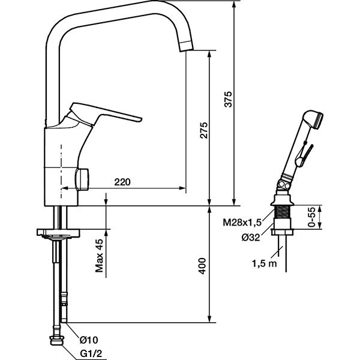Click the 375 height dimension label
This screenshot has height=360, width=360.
pyautogui.click(x=228, y=100)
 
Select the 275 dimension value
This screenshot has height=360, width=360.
pyautogui.click(x=203, y=130)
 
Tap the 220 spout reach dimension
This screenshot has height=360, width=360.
pyautogui.click(x=122, y=182)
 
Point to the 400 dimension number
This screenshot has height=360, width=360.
pyautogui.click(x=202, y=266)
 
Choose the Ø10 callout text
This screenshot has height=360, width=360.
pyautogui.click(x=89, y=340)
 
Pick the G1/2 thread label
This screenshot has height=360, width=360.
pyautogui.click(x=91, y=354)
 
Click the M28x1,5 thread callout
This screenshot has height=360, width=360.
pyautogui.click(x=242, y=223)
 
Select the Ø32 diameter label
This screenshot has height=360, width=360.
pyautogui.click(x=251, y=237)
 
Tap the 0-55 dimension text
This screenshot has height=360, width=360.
pyautogui.click(x=312, y=217)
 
